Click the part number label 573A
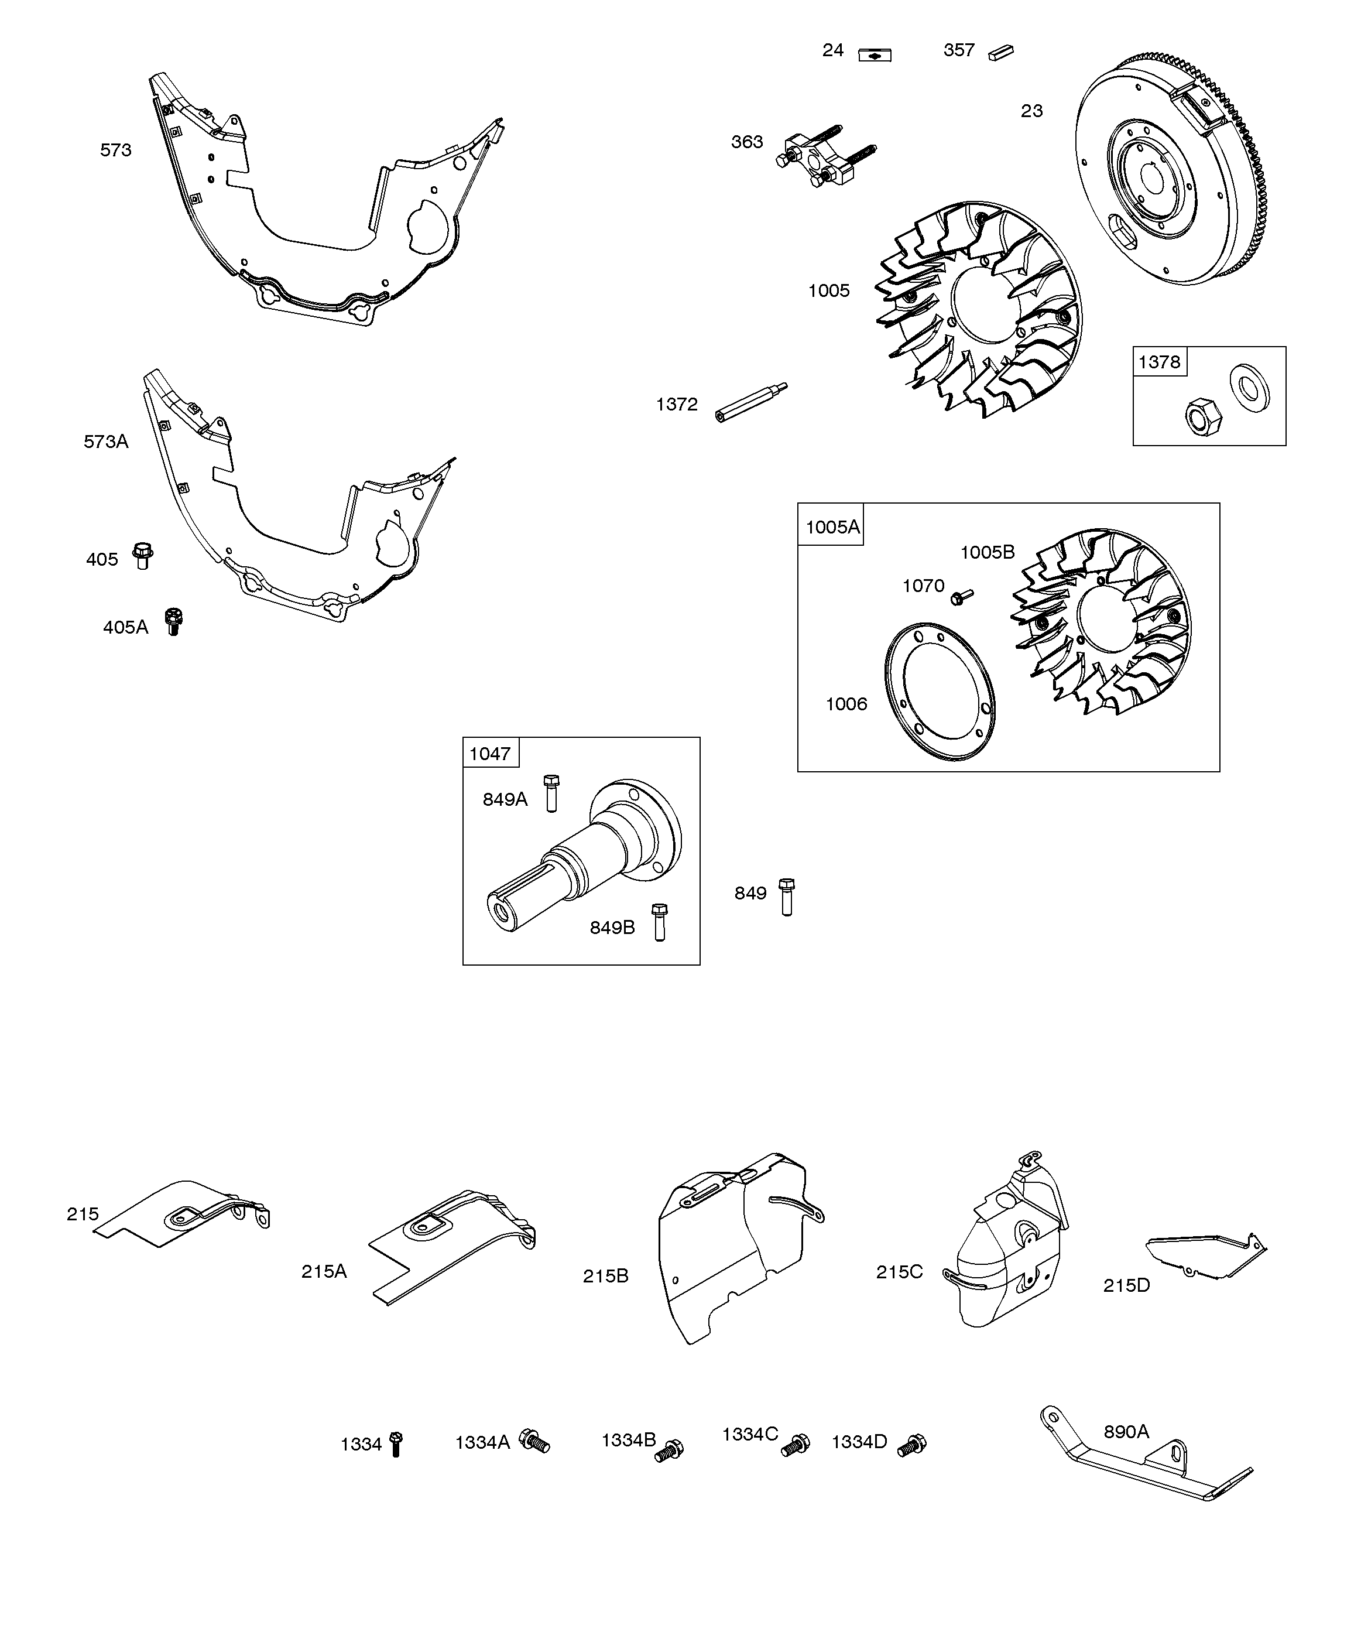tap(106, 442)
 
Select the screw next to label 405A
tap(173, 621)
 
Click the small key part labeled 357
tap(1000, 52)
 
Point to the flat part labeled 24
tap(875, 55)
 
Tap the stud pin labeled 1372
tap(750, 401)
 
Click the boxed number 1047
tap(491, 753)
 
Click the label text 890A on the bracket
tap(1126, 1432)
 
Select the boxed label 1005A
tap(832, 527)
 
